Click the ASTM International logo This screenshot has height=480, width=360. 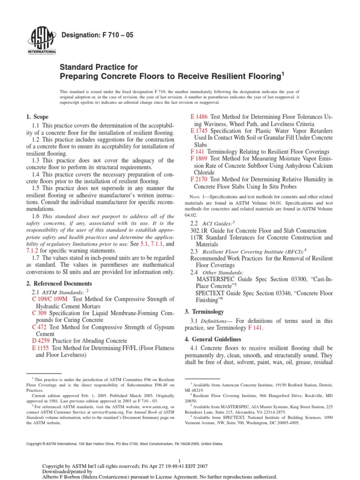click(44, 40)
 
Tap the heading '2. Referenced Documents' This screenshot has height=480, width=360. click(59, 284)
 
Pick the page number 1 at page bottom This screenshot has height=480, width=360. click(180, 461)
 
